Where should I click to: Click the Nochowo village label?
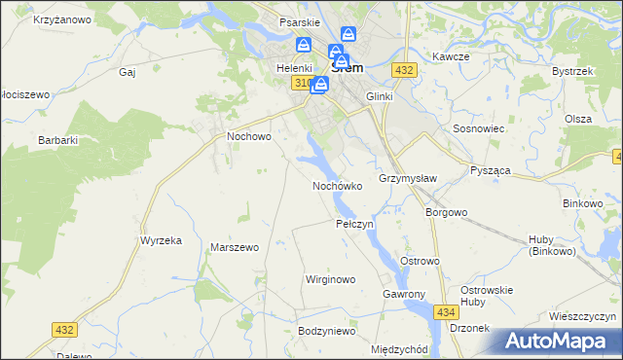[248, 137]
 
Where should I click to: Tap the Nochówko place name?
[338, 185]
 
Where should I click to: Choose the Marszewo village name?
[235, 247]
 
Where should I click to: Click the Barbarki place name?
[57, 140]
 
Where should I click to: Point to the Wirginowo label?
[331, 279]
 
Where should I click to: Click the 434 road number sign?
[446, 311]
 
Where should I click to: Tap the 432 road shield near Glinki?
[405, 70]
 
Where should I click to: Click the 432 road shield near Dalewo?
[64, 331]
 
